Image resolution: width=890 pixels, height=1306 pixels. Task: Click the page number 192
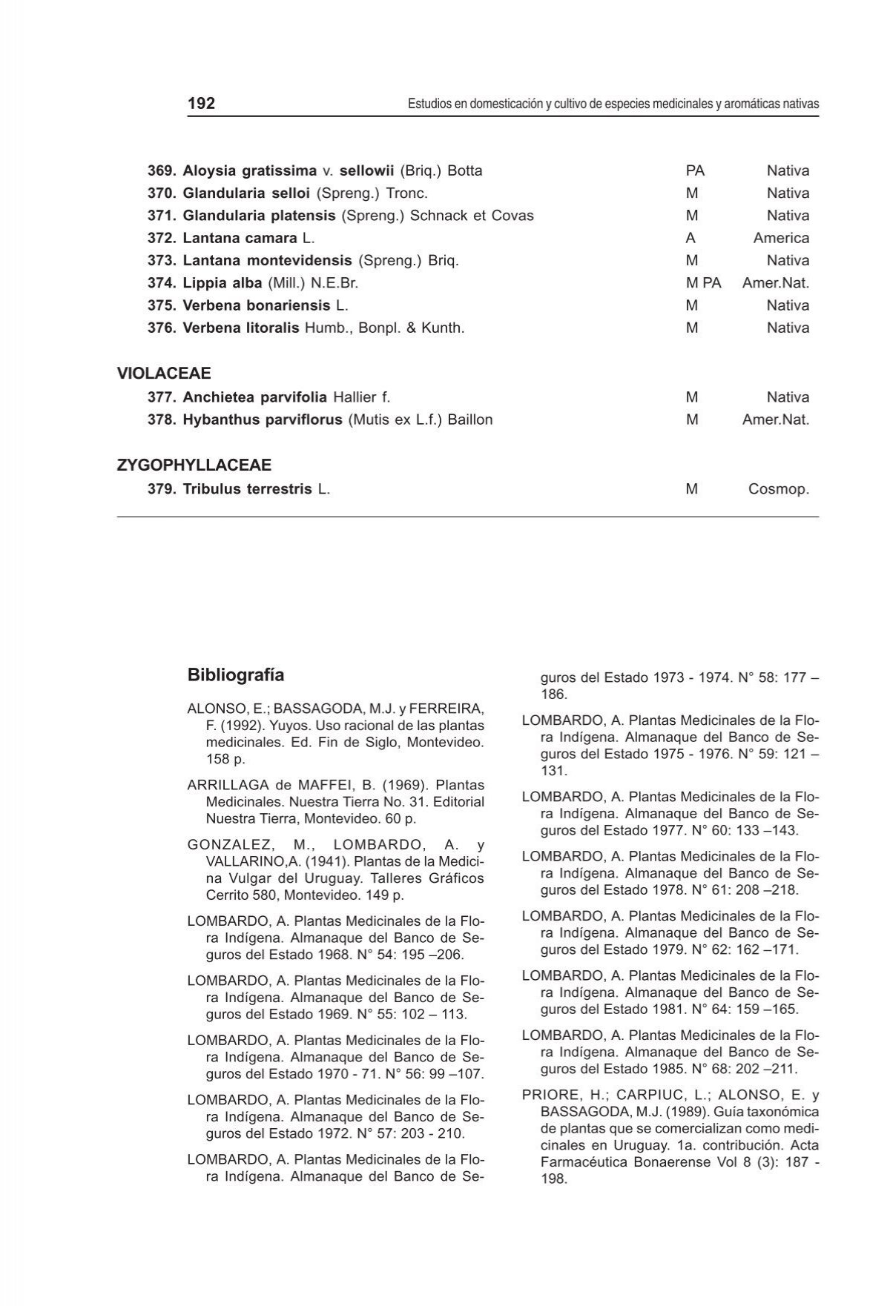[x=201, y=104]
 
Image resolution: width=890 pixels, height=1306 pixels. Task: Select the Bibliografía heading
[x=235, y=675]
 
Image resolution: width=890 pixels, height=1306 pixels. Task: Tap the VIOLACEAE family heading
[x=163, y=374]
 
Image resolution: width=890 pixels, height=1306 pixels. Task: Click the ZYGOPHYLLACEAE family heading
[x=194, y=465]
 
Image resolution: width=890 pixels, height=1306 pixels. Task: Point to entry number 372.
[x=162, y=238]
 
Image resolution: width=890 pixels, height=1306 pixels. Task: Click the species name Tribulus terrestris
[x=247, y=489]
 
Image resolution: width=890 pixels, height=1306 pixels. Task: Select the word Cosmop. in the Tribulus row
[x=778, y=489]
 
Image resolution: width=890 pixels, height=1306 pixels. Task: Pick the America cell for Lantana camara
[x=781, y=238]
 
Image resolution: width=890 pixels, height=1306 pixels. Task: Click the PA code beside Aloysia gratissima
[x=695, y=170]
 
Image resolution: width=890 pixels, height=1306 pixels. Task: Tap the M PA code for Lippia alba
[x=703, y=282]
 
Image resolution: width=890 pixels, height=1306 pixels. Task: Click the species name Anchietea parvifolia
[x=254, y=397]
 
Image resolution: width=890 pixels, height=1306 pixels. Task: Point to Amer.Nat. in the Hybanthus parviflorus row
[x=775, y=420]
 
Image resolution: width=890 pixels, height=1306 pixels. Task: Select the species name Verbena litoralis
[x=241, y=328]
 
